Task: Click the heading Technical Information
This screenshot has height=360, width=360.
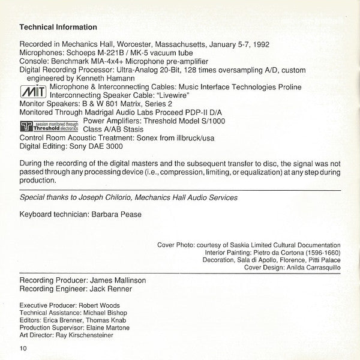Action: (x=58, y=27)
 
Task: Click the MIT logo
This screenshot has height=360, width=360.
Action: (x=33, y=92)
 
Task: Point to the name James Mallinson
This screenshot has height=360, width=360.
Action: (x=118, y=280)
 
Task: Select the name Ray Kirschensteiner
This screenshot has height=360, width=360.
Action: (x=86, y=335)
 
